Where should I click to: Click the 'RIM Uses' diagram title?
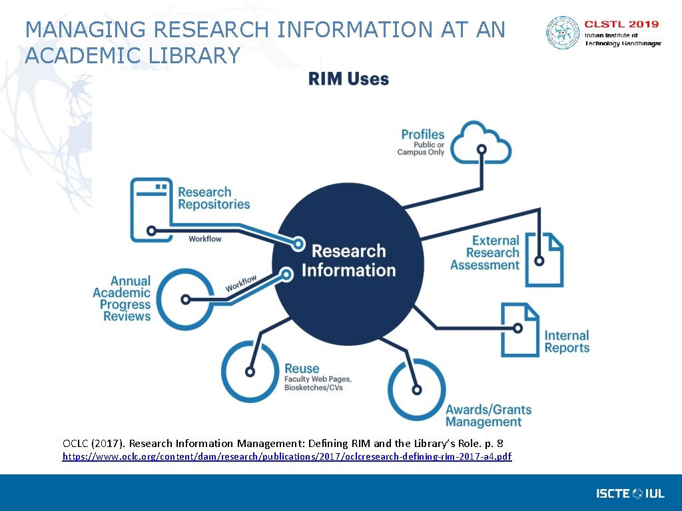(348, 79)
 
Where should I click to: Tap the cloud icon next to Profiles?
(487, 143)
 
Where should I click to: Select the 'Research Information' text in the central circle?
(348, 260)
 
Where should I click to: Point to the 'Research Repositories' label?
(214, 199)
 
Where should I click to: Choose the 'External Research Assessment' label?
(486, 253)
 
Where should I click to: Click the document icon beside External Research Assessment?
(544, 259)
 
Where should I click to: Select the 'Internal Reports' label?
(567, 342)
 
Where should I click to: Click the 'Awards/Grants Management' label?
(488, 416)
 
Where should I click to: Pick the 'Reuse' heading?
(302, 368)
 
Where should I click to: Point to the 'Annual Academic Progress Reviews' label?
(123, 299)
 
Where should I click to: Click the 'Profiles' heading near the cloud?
(422, 135)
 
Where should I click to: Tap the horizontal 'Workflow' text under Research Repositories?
(205, 239)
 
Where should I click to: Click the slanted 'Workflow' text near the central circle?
(240, 283)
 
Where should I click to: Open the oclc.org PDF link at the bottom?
(286, 456)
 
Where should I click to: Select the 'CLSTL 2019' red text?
(622, 25)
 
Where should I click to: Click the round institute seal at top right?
(563, 33)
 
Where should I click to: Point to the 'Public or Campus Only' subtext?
(421, 149)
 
